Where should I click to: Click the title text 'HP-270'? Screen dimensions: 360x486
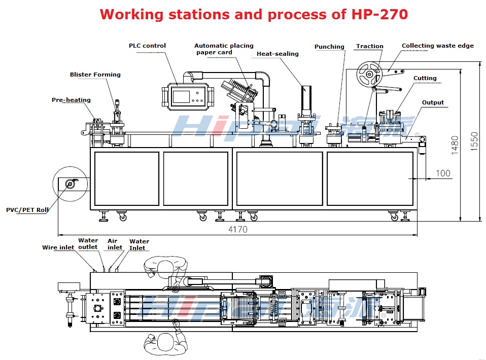[x=379, y=14]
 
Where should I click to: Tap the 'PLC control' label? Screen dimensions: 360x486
[x=147, y=46]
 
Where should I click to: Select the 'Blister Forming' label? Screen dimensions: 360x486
[x=95, y=75]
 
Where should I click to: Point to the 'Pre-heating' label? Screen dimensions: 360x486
[x=71, y=100]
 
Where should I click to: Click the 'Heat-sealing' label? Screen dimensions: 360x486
[x=277, y=54]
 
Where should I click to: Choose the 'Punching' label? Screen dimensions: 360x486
[x=329, y=47]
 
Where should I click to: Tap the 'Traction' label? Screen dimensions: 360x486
[x=370, y=46]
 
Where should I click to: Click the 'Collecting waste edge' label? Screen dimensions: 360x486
[x=438, y=46]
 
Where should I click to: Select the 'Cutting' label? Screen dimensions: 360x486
[x=425, y=78]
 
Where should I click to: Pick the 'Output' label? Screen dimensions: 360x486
[x=433, y=102]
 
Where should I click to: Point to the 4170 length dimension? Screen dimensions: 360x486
[x=237, y=229]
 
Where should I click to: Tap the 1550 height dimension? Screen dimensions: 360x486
[x=474, y=141]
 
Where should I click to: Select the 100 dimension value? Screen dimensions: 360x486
[x=443, y=173]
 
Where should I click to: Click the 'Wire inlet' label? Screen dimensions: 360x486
[x=58, y=248]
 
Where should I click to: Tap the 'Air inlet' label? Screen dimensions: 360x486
[x=115, y=244]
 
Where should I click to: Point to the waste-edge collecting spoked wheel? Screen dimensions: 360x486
[x=369, y=75]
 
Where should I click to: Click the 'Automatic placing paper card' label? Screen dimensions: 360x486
[x=224, y=49]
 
